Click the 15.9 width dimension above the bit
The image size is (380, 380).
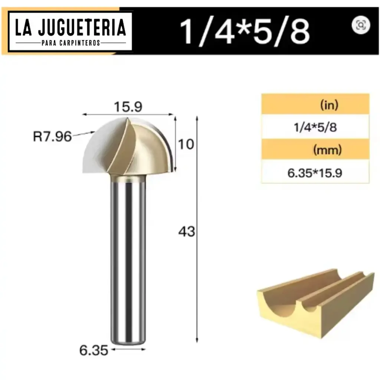128,107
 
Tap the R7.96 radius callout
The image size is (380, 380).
52,137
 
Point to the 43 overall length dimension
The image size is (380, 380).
186,232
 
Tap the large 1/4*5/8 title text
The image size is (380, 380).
245,31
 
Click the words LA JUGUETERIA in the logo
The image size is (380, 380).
71,28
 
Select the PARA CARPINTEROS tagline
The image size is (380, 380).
71,43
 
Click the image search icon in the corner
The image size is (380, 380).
361,25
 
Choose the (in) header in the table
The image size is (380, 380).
329,105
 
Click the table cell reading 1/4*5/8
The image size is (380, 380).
315,128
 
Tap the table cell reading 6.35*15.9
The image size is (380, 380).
315,173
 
